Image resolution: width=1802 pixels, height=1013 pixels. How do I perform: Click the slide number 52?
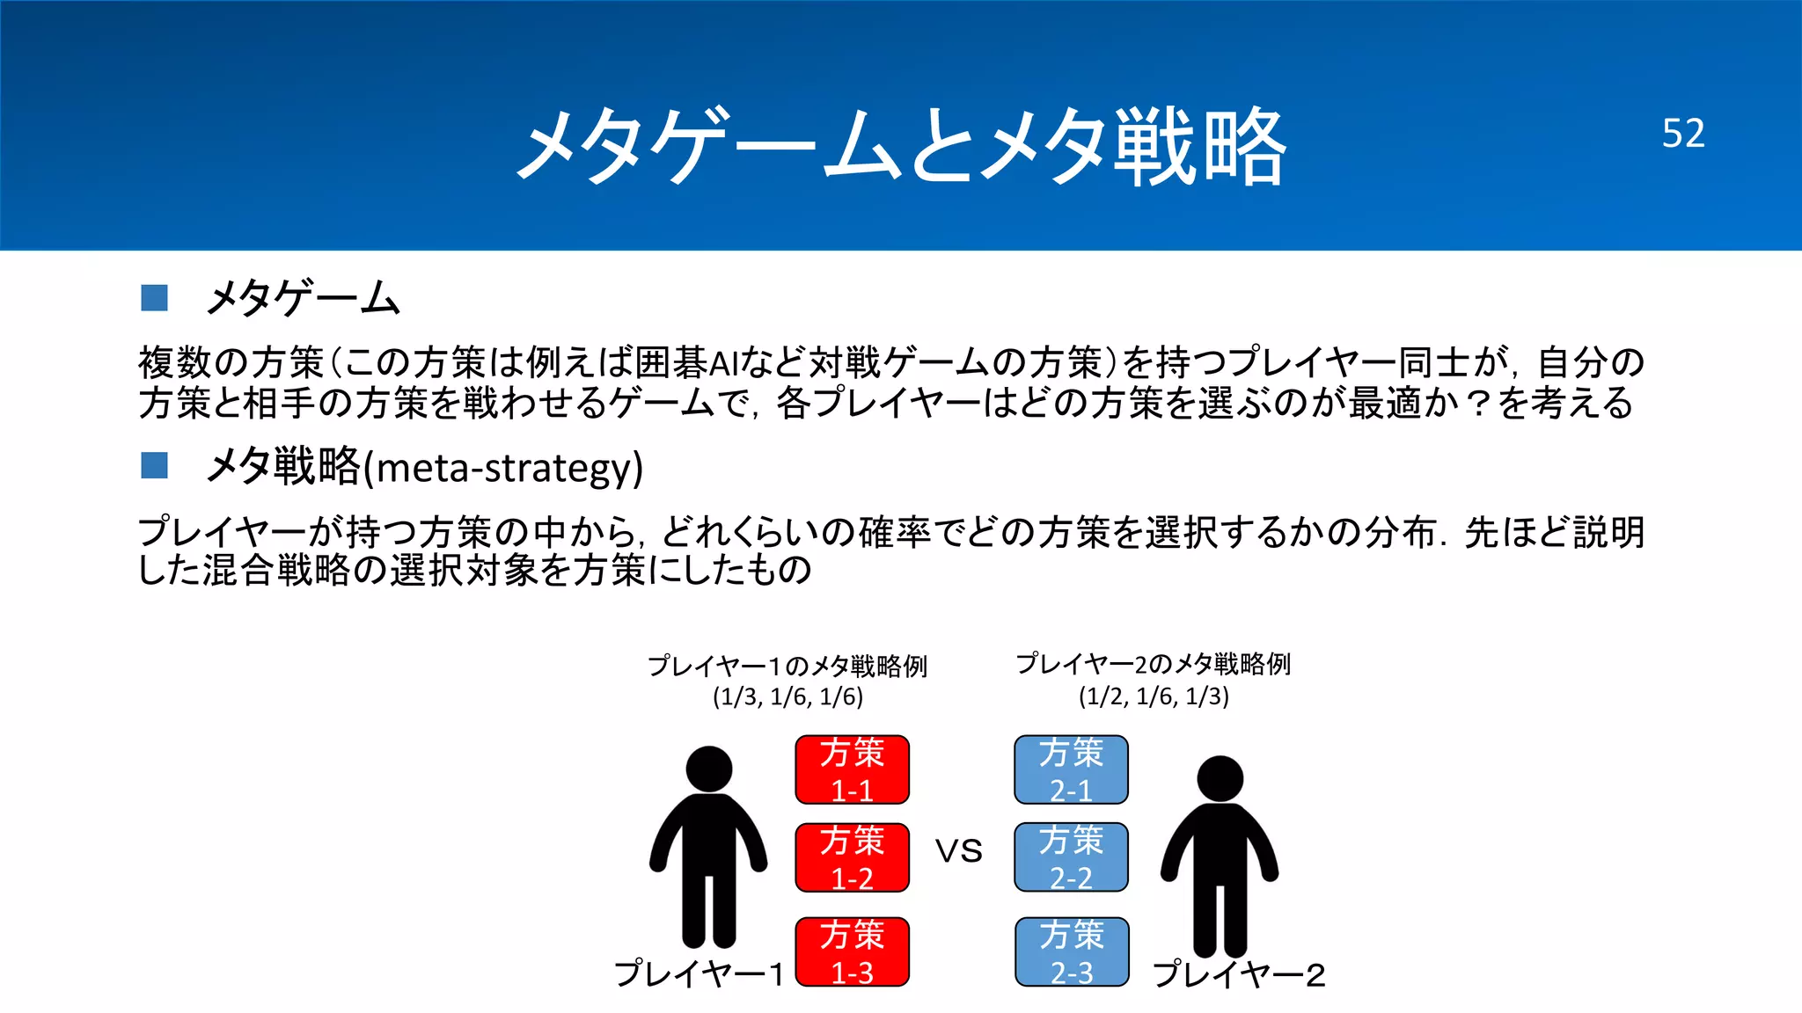click(1682, 134)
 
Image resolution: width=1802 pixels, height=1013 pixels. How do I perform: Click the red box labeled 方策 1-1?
click(852, 769)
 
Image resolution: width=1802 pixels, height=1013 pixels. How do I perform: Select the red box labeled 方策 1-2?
click(852, 857)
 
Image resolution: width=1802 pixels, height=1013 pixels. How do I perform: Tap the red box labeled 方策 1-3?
click(852, 951)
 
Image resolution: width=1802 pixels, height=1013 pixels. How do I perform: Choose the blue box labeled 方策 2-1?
click(1071, 769)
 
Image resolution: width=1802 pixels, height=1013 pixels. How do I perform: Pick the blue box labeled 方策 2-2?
click(1071, 857)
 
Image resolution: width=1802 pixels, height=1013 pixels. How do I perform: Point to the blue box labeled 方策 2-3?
click(1071, 951)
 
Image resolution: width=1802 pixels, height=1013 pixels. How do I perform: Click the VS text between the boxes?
click(959, 851)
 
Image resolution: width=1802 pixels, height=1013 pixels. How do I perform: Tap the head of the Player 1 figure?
click(708, 769)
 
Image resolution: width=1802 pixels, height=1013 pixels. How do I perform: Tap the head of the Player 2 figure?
click(1220, 778)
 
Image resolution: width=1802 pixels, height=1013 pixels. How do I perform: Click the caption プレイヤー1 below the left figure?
click(699, 974)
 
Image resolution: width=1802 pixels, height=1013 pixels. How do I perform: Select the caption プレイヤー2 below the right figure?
click(1239, 974)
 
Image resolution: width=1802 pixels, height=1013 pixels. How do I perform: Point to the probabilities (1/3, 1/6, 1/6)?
click(787, 697)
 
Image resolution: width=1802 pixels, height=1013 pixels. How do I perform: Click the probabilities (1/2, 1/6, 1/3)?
click(1154, 697)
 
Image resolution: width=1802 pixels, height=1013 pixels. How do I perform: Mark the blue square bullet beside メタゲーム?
click(154, 297)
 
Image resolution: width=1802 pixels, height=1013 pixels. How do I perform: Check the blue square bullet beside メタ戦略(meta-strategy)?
click(154, 465)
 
